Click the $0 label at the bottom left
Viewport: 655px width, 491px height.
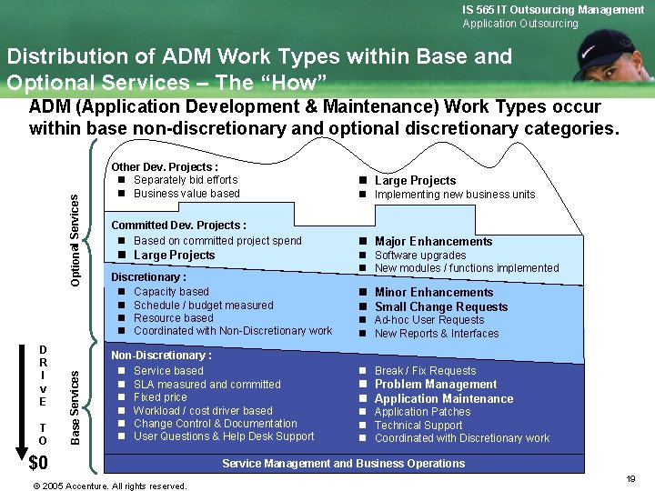38,463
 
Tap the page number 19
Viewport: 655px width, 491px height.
630,478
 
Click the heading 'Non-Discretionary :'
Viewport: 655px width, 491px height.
161,356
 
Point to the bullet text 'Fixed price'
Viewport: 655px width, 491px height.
160,397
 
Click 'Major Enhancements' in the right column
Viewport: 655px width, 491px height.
433,241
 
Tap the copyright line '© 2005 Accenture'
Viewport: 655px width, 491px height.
109,486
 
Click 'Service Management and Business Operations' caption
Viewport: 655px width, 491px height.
344,464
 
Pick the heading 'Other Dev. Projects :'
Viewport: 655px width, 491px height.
164,167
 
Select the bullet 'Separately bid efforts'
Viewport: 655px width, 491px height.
186,180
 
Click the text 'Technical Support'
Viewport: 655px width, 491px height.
418,425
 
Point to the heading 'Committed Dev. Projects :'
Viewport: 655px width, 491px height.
178,225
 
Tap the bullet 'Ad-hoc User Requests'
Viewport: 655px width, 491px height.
429,320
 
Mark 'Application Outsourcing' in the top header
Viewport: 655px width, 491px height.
520,24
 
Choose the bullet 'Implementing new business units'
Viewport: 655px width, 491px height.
455,195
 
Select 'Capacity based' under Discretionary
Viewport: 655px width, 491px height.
171,292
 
